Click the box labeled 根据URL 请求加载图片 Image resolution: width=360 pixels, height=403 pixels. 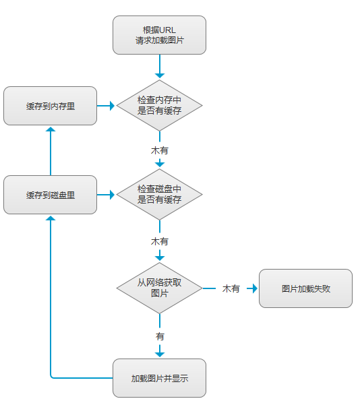coord(159,35)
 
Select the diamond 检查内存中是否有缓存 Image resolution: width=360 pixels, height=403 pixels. coord(159,105)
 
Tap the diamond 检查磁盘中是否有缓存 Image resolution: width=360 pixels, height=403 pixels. coord(159,194)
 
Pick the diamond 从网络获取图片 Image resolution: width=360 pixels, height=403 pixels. coord(159,288)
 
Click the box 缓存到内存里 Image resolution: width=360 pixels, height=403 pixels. coord(50,106)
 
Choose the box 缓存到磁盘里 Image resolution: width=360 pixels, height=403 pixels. coord(50,195)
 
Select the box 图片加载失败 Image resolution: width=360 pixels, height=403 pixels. coord(306,288)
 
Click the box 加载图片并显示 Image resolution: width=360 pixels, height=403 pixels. coord(159,378)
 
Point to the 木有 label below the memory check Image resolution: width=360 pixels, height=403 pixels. coord(160,150)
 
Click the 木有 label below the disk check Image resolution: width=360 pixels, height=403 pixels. coord(160,241)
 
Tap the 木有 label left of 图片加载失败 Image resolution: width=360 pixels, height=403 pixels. coord(231,288)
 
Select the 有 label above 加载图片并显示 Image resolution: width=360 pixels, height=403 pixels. coord(160,336)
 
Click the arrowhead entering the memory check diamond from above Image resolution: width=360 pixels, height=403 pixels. coord(160,75)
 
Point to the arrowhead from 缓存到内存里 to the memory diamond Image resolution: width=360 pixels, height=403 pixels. coord(112,106)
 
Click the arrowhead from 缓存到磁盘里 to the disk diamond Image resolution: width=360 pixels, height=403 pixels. coord(112,195)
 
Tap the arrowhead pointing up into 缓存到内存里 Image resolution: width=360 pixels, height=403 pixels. coord(51,129)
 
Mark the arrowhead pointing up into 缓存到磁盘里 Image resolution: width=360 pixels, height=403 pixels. coord(51,218)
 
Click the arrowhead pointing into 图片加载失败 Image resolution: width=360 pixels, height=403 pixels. coord(255,288)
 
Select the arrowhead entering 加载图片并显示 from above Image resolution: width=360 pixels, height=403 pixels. coord(160,354)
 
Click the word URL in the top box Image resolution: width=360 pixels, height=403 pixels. coord(167,30)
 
